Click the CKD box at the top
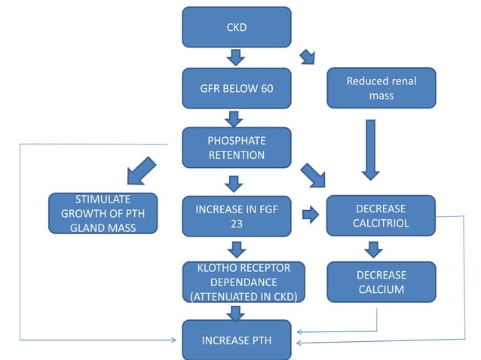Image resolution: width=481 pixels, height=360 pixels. tap(236, 27)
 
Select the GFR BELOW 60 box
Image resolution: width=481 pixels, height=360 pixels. tap(236, 88)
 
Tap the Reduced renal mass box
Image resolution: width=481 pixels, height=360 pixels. tap(381, 88)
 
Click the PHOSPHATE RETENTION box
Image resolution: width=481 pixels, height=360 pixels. tap(236, 148)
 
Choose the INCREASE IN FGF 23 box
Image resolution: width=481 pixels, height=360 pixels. tap(236, 215)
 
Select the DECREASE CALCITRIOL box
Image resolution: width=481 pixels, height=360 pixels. tap(381, 215)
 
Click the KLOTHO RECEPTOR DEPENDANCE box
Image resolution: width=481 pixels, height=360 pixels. tap(236, 282)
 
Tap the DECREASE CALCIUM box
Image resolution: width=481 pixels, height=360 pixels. tap(381, 282)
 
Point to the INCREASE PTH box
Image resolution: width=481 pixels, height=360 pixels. tap(236, 340)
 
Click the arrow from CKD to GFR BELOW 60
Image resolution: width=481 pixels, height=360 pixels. tap(236, 57)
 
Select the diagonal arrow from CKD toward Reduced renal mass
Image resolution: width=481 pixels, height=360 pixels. tap(308, 57)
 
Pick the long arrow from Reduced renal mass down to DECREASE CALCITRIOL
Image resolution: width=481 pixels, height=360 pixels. tap(369, 149)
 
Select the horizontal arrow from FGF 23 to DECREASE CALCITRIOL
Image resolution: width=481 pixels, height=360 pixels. tap(310, 215)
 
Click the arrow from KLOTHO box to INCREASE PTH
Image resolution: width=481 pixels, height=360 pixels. tap(236, 313)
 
